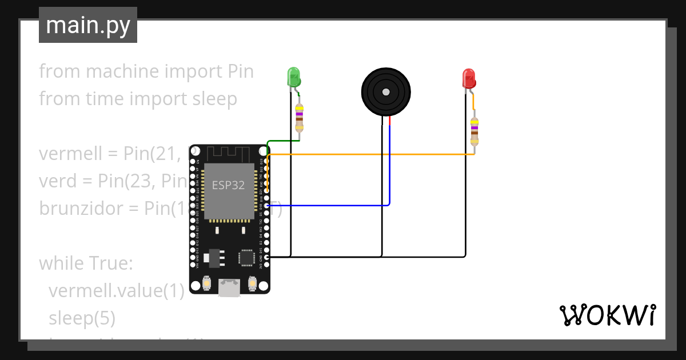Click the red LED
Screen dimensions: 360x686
[469, 78]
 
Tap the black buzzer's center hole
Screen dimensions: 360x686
[386, 91]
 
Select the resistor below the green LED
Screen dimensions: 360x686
[299, 118]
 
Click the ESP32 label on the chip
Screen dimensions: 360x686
[228, 185]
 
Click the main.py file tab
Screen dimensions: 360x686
[88, 25]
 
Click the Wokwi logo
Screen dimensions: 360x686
[607, 315]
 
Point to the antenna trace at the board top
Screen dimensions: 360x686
[229, 153]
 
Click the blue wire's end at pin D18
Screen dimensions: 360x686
[268, 206]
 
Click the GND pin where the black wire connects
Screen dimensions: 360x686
[268, 257]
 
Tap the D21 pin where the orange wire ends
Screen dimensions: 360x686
[268, 191]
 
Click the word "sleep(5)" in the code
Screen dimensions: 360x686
[82, 318]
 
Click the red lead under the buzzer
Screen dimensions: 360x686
[390, 121]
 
